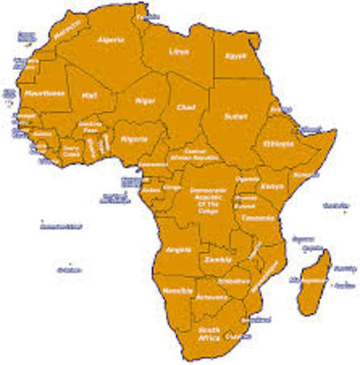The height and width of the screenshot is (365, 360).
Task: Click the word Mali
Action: point(91,96)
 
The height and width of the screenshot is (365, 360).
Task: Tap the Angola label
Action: point(177,249)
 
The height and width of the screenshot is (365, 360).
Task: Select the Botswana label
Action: point(210,299)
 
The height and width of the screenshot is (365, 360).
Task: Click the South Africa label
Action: point(209,335)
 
